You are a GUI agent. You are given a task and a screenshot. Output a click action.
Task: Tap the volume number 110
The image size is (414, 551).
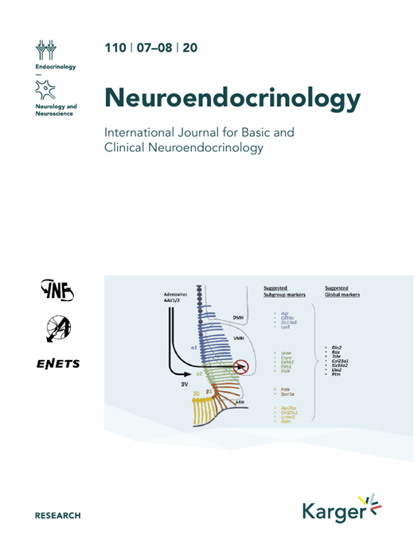point(115,48)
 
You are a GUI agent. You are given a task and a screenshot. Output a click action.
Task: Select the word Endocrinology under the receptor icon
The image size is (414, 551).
point(55,67)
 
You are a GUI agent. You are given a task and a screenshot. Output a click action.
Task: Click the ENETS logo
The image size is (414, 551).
point(57,364)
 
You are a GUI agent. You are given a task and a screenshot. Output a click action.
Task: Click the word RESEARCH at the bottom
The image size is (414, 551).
point(57,516)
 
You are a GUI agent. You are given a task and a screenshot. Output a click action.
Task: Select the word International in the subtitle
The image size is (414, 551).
point(143,132)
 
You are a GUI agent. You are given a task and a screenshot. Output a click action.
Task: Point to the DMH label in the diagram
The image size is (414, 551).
point(236,316)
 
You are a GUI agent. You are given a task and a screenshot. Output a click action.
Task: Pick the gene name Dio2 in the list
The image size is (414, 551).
point(337,348)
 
